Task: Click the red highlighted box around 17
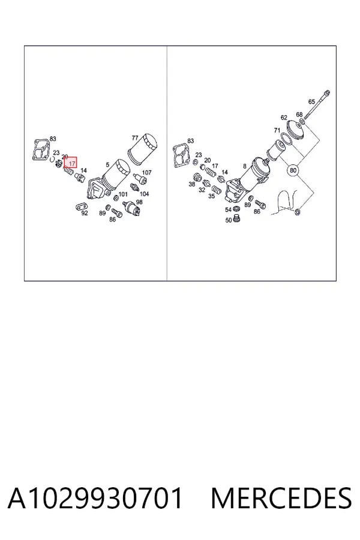[70, 163]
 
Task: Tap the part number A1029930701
[95, 498]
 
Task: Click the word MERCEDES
[281, 498]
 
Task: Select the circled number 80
[293, 170]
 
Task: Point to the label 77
[135, 138]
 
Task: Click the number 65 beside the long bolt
[311, 101]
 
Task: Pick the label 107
[147, 172]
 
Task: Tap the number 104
[144, 194]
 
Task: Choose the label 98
[139, 202]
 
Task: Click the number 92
[85, 213]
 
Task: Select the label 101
[123, 194]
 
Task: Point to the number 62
[284, 118]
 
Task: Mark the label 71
[277, 130]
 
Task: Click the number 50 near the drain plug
[229, 220]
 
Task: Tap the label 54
[229, 210]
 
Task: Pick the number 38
[192, 184]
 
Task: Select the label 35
[211, 196]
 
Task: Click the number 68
[299, 115]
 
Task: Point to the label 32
[202, 190]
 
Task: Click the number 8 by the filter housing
[245, 166]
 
